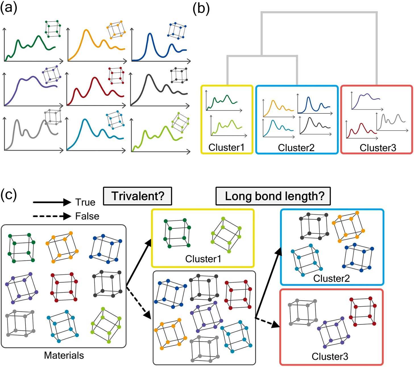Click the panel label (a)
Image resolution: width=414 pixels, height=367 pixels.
point(9,8)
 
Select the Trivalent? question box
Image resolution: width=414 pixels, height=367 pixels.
point(138,196)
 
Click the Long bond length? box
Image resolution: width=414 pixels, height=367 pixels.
point(273,196)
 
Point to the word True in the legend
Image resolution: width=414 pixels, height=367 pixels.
point(85,202)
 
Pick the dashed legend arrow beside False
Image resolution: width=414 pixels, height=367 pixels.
point(52,216)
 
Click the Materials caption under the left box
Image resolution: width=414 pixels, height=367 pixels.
point(64,355)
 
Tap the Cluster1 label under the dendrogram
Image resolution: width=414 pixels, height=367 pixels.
point(226,147)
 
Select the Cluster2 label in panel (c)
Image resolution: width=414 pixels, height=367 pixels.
point(331,279)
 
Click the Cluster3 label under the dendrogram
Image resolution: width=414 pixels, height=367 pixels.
point(378,148)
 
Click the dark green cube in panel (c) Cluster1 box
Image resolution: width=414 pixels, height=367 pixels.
point(177,233)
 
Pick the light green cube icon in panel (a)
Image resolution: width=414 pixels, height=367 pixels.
point(180,123)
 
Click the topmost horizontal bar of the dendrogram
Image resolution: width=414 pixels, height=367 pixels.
point(319,13)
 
